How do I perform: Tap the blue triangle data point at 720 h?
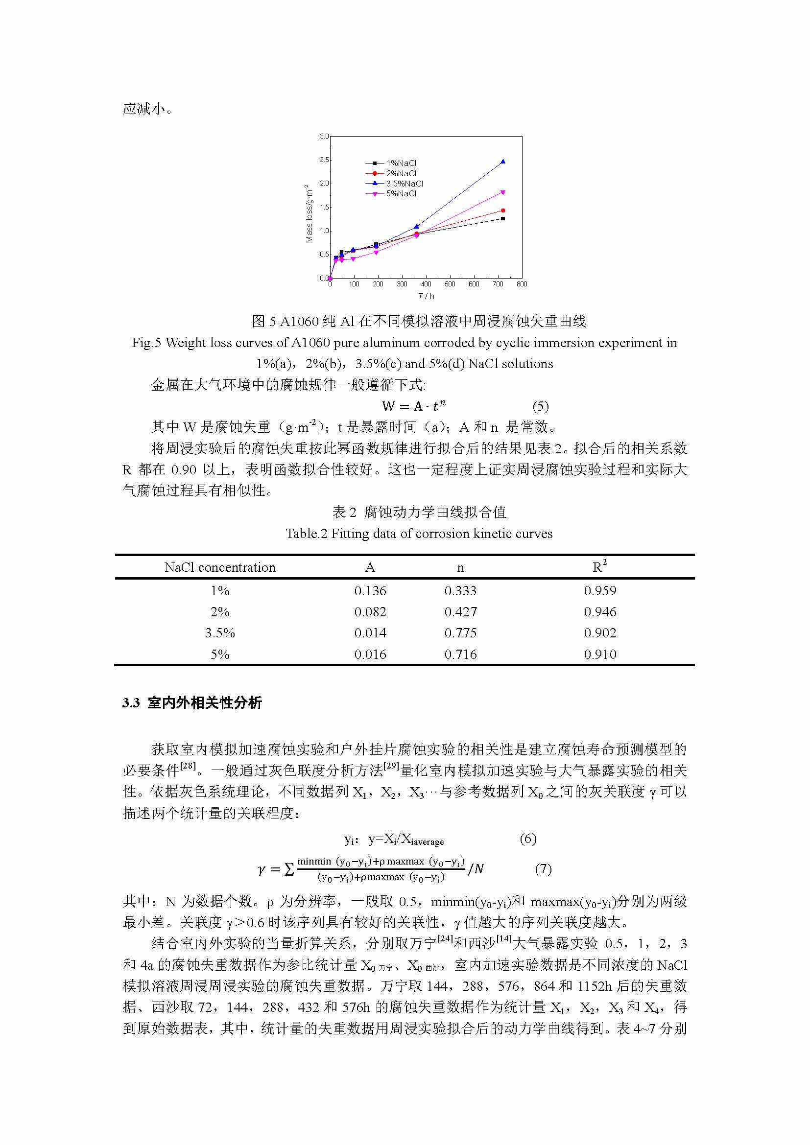point(503,162)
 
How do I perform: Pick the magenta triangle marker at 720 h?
point(503,192)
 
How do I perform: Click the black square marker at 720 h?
point(503,218)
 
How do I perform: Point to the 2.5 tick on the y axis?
point(324,160)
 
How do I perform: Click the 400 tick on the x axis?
point(426,284)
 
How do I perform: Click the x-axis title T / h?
point(426,296)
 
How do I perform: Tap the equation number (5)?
point(541,406)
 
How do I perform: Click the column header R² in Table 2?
point(599,566)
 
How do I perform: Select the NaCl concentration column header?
point(220,567)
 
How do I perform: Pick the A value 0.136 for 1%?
point(370,591)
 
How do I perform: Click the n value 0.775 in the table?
point(460,633)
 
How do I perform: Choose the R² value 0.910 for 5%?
point(600,654)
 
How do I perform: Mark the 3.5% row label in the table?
point(220,633)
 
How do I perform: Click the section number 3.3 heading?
point(131,703)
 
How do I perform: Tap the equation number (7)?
point(543,869)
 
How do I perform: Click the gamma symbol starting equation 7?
point(262,870)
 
